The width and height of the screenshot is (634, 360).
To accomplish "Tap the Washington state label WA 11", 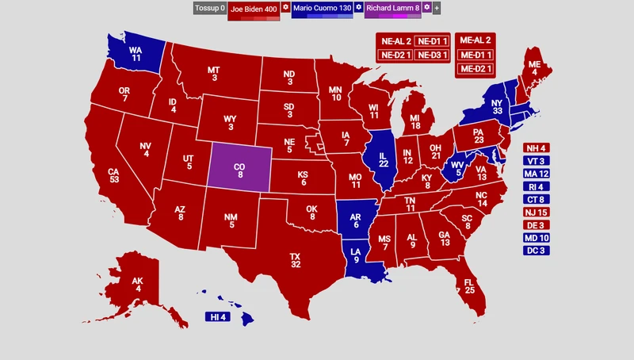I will pyautogui.click(x=136, y=53).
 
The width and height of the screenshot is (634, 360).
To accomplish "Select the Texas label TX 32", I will pyautogui.click(x=295, y=260).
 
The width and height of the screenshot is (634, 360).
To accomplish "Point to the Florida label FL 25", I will pyautogui.click(x=469, y=286).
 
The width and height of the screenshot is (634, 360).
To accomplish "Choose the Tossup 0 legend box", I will pyautogui.click(x=210, y=8).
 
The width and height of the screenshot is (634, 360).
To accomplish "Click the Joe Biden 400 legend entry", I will pyautogui.click(x=254, y=8).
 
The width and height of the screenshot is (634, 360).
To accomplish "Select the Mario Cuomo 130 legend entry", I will pyautogui.click(x=322, y=8).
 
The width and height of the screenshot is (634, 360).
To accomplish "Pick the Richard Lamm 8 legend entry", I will pyautogui.click(x=393, y=8).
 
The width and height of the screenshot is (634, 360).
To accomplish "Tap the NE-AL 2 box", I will pyautogui.click(x=394, y=40).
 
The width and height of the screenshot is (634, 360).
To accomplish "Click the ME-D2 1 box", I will pyautogui.click(x=474, y=68).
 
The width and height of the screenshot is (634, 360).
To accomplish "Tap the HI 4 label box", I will pyautogui.click(x=217, y=317).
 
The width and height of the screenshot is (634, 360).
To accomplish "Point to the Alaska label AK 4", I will pyautogui.click(x=137, y=285).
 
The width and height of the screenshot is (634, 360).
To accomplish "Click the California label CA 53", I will pyautogui.click(x=113, y=174).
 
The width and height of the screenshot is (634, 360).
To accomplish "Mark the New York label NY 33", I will pyautogui.click(x=497, y=107).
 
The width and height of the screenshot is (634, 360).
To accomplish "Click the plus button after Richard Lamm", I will pyautogui.click(x=437, y=8).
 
